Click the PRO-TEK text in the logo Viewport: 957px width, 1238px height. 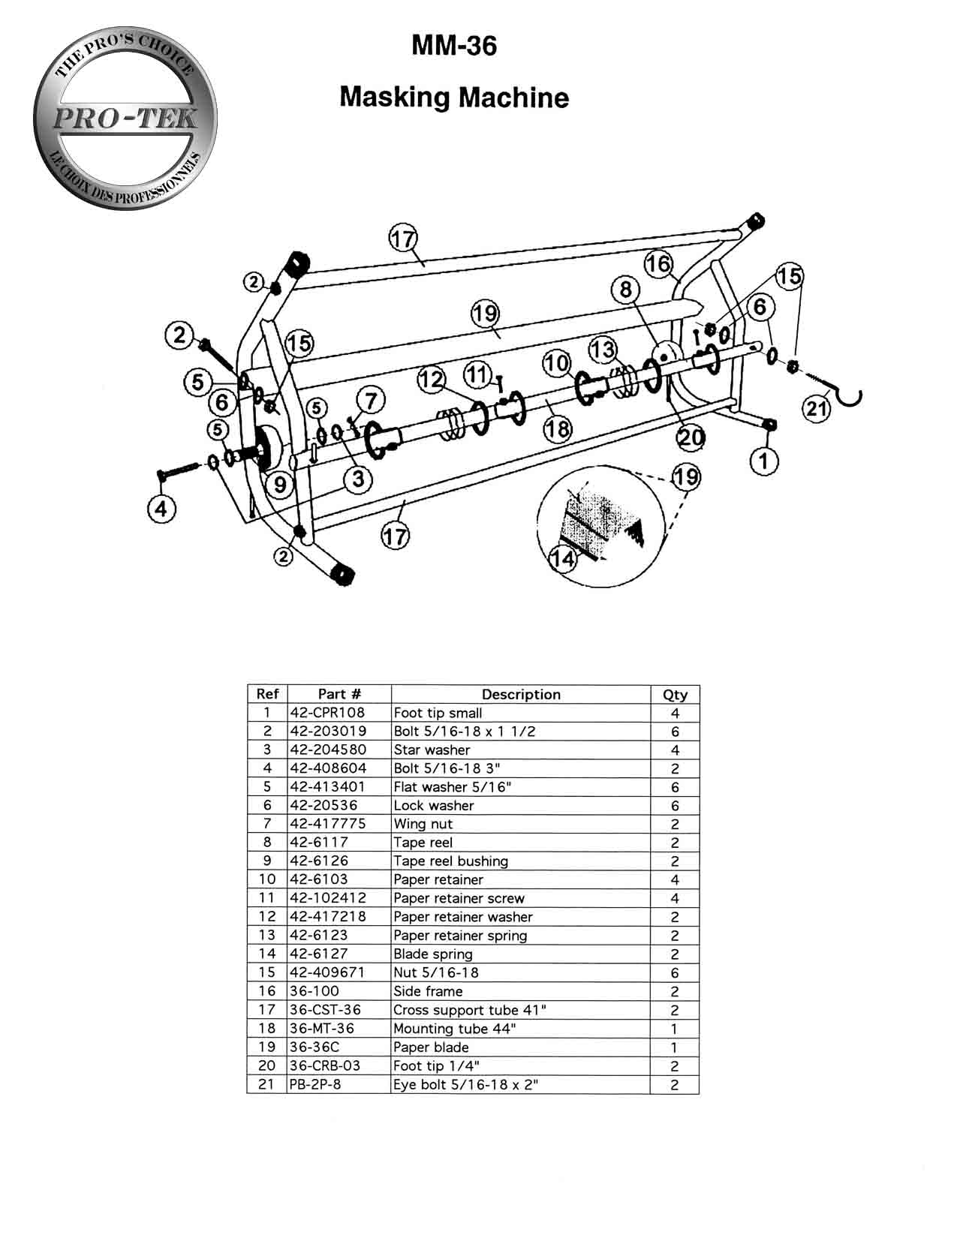(125, 119)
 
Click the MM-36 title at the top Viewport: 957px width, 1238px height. (454, 46)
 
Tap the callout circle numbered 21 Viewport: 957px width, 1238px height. (817, 408)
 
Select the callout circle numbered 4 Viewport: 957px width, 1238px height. (161, 508)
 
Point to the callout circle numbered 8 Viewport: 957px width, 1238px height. (625, 290)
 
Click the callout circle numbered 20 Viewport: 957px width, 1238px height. (691, 437)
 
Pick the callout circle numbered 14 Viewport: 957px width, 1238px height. (563, 558)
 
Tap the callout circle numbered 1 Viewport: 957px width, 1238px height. (764, 461)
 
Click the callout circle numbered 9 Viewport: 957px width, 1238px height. (280, 484)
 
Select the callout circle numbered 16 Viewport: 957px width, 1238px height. (658, 264)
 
